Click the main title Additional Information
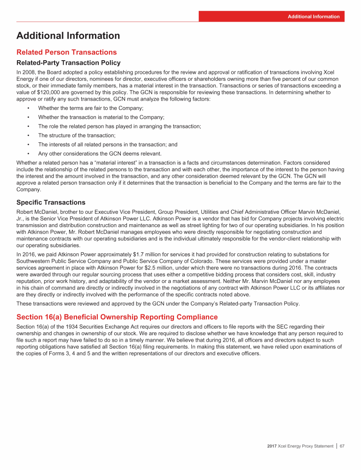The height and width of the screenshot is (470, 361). click(68, 36)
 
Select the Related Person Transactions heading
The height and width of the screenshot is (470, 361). click(66, 52)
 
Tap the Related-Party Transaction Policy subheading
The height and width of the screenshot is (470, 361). click(69, 63)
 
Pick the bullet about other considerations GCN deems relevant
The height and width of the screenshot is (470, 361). click(100, 153)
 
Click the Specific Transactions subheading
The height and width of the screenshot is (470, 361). click(51, 203)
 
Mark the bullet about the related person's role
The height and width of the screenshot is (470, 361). click(119, 126)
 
